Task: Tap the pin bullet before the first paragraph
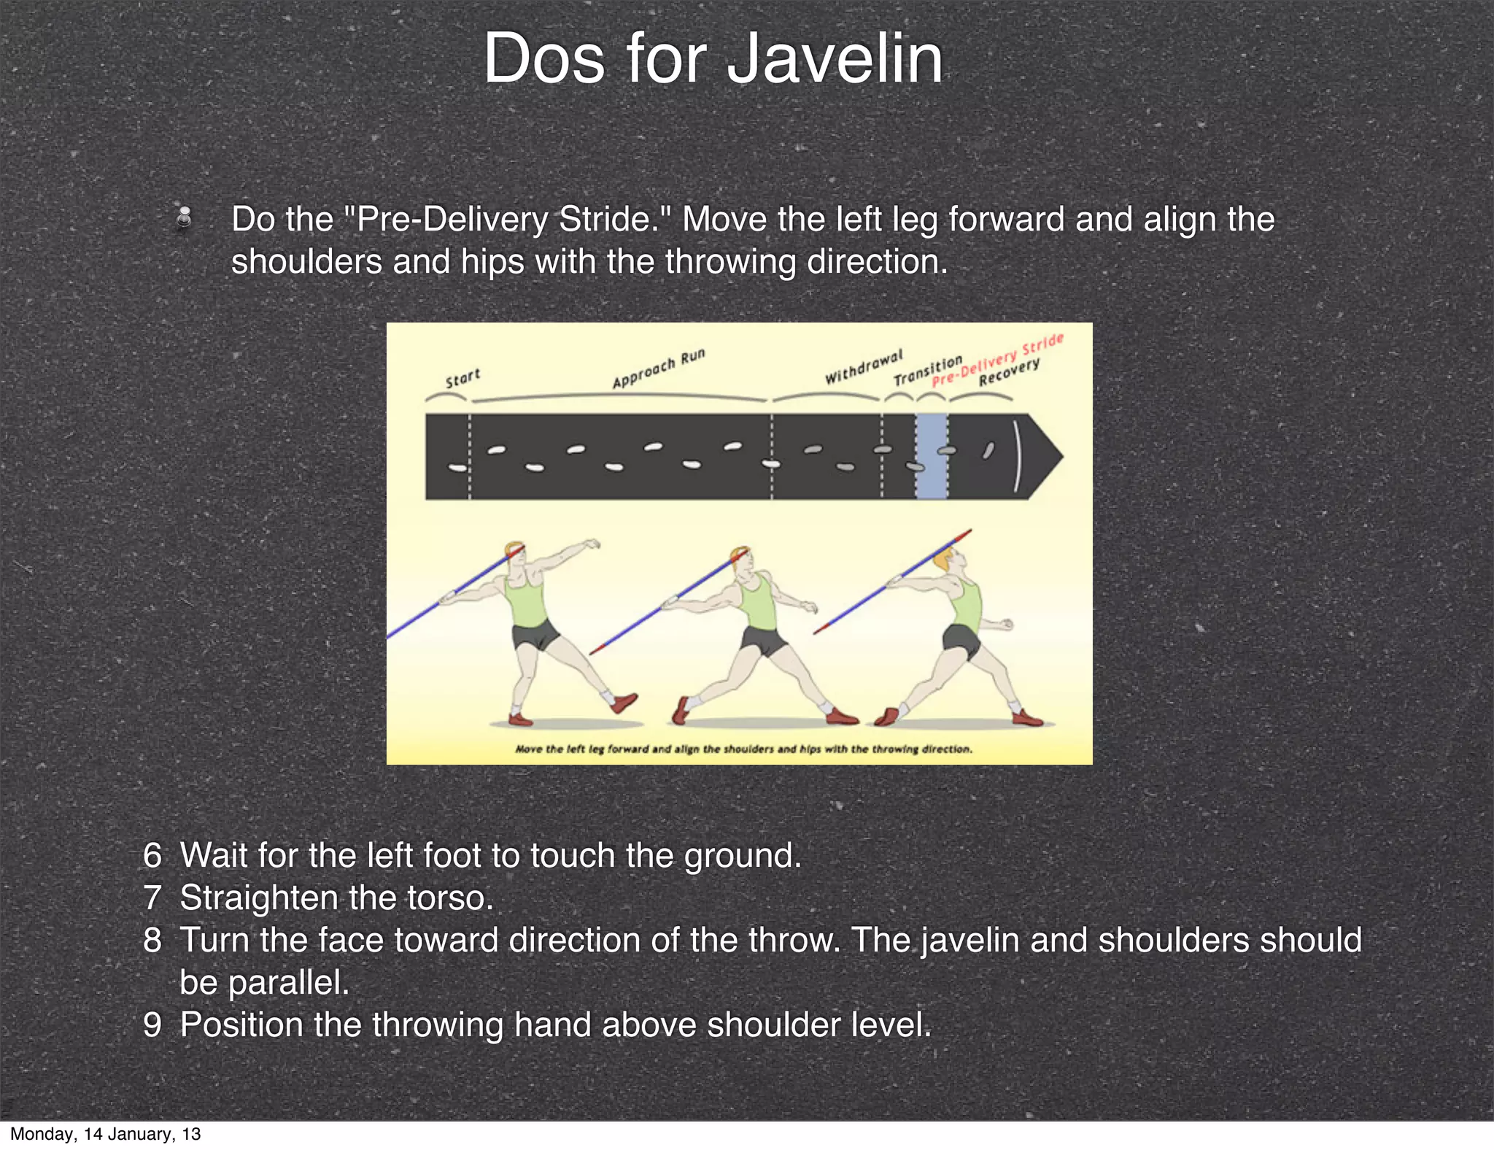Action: (x=185, y=218)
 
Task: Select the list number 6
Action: (x=152, y=856)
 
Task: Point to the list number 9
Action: (x=152, y=1025)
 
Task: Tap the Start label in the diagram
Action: (x=462, y=378)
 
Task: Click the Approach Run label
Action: (x=658, y=368)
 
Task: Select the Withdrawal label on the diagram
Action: (x=863, y=367)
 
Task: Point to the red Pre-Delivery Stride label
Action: (x=998, y=360)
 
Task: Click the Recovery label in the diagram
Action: (x=1009, y=373)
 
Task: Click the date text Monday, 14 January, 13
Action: (x=105, y=1134)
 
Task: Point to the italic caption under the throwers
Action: (x=743, y=749)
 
